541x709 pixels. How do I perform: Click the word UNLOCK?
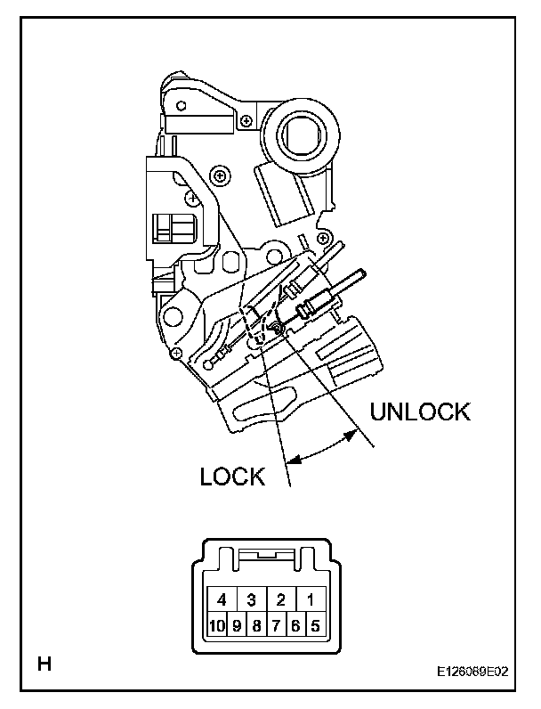[x=419, y=412]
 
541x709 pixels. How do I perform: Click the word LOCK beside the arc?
[x=233, y=477]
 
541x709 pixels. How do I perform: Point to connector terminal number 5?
[x=315, y=625]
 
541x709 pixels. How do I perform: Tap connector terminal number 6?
[x=295, y=625]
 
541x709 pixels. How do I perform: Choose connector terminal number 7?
[x=276, y=625]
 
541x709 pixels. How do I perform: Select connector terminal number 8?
[x=256, y=625]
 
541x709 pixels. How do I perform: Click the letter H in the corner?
[x=42, y=663]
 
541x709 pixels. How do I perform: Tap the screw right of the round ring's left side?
[x=245, y=118]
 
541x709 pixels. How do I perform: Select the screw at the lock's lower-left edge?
[x=177, y=354]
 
